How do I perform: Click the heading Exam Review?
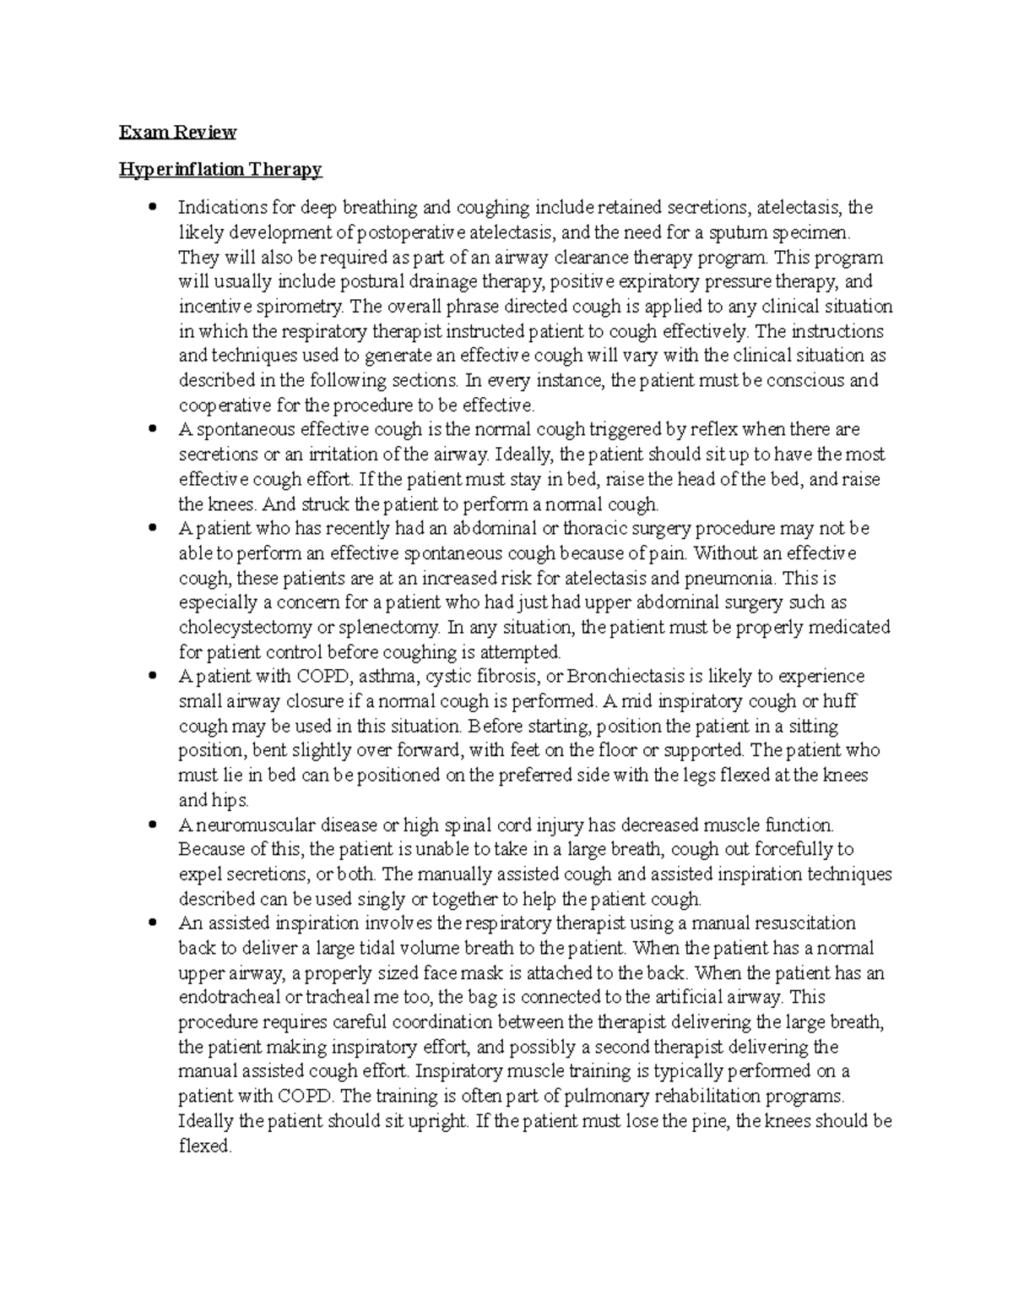click(x=177, y=133)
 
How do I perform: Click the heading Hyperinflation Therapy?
click(x=220, y=170)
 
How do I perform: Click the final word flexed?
click(x=204, y=1146)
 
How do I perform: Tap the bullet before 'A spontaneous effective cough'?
click(x=153, y=429)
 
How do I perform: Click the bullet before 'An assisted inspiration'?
click(x=153, y=923)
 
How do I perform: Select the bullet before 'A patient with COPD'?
click(x=153, y=677)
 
